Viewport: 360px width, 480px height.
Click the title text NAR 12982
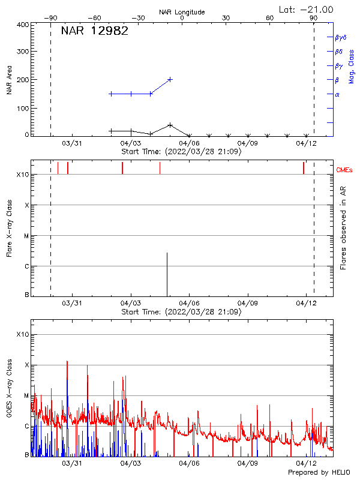click(94, 32)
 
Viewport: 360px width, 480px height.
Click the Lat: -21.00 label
click(307, 10)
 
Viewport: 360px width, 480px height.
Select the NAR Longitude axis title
click(182, 12)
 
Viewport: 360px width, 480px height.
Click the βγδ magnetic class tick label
click(341, 37)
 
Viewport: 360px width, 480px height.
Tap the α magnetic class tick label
click(337, 94)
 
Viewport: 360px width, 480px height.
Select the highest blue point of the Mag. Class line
click(170, 79)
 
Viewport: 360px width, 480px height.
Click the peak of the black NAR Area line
click(170, 125)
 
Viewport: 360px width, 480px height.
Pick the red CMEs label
click(345, 170)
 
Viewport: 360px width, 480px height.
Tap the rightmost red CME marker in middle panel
click(304, 167)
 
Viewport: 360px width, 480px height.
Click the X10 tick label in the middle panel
click(22, 175)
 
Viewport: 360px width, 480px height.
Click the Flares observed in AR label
click(343, 227)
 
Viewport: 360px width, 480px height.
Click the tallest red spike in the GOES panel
click(67, 362)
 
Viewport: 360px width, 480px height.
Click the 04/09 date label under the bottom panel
click(248, 463)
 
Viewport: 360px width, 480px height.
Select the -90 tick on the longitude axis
click(53, 18)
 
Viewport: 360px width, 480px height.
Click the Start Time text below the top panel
click(181, 152)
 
